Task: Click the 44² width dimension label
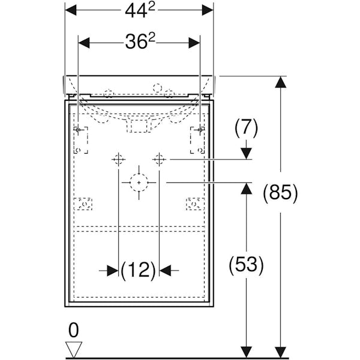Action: pyautogui.click(x=139, y=10)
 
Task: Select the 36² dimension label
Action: pyautogui.click(x=140, y=42)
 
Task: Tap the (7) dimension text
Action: pyautogui.click(x=246, y=127)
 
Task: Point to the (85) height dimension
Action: pyautogui.click(x=280, y=192)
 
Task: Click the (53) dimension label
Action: pyautogui.click(x=246, y=265)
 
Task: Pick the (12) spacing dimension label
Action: pyautogui.click(x=139, y=271)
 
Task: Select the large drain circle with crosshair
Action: pyautogui.click(x=139, y=182)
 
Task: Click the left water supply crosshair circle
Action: pyautogui.click(x=118, y=160)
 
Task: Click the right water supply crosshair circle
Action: pyautogui.click(x=159, y=160)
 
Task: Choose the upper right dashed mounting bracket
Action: pyautogui.click(x=197, y=139)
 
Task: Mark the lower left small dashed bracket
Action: pyautogui.click(x=84, y=204)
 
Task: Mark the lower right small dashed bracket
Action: pyautogui.click(x=193, y=204)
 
